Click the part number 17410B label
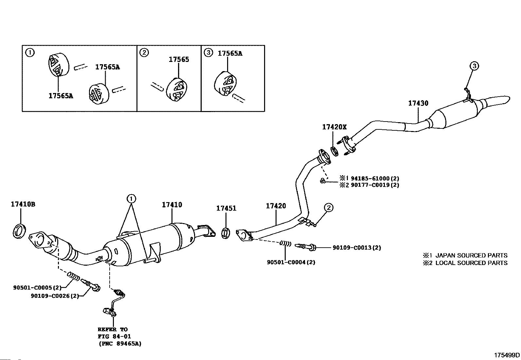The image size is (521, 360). point(23,204)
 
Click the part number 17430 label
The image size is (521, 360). point(418,103)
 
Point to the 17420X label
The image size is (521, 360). point(334,127)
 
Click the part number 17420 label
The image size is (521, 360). point(276,206)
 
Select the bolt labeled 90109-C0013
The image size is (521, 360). point(306,247)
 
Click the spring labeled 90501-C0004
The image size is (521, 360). point(285,243)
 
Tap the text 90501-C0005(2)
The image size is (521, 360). point(37,288)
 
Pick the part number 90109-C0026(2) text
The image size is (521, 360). point(55,296)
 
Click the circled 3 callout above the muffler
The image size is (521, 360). point(474,66)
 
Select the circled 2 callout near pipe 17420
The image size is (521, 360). point(329,207)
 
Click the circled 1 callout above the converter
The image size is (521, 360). point(131,198)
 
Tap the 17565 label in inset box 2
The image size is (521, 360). point(179,59)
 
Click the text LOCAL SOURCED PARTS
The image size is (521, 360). point(471,263)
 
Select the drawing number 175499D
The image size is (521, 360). point(507,355)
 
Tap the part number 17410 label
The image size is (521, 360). point(172,205)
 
